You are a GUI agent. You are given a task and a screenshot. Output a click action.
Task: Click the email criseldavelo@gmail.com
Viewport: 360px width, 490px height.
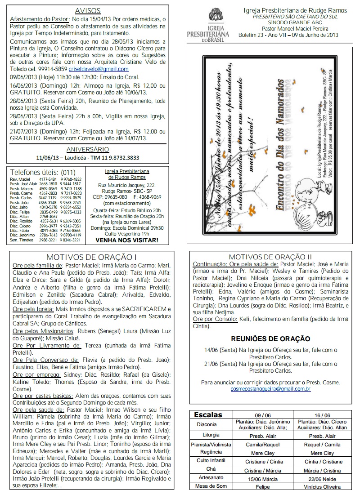[x=99, y=69]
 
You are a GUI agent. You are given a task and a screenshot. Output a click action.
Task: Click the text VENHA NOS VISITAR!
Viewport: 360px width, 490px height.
[x=127, y=240]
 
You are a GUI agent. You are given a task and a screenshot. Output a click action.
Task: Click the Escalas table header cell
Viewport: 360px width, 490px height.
[x=211, y=415]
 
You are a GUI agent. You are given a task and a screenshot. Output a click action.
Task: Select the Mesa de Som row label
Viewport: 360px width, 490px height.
[x=211, y=486]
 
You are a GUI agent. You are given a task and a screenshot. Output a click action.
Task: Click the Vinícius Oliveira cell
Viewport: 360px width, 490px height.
[x=323, y=486]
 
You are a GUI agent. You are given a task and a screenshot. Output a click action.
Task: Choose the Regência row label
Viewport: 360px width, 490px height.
[x=211, y=453]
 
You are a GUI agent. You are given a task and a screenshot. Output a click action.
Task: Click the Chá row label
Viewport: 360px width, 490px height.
[x=211, y=470]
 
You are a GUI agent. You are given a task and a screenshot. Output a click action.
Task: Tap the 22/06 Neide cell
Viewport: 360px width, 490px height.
[x=323, y=478]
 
